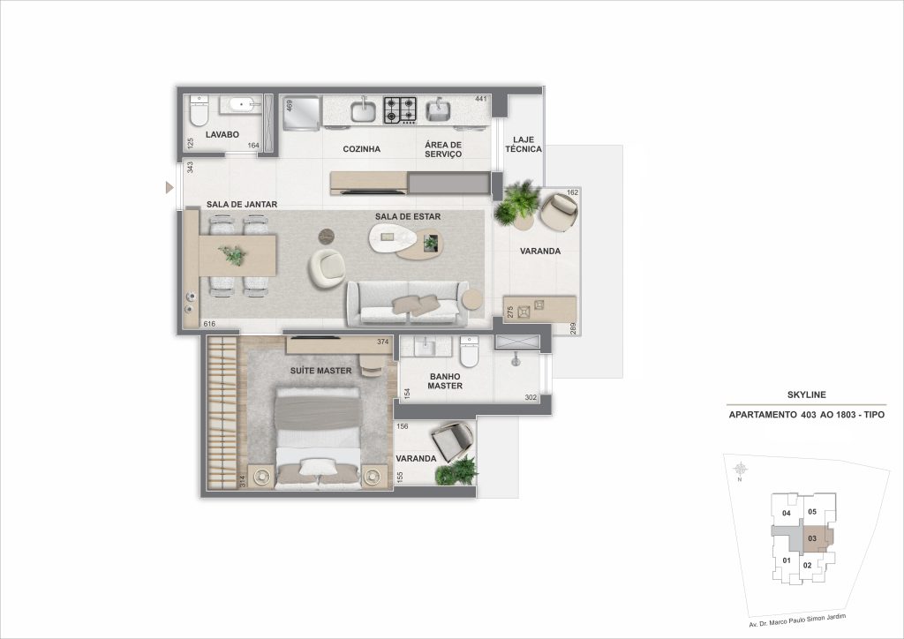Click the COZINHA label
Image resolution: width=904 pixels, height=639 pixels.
[x=362, y=149]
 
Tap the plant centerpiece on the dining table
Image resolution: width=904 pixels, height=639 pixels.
[x=234, y=255]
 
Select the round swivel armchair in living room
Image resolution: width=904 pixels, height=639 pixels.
[x=327, y=268]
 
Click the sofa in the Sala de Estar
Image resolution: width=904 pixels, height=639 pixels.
[x=407, y=304]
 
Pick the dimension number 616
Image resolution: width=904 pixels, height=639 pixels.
[x=210, y=325]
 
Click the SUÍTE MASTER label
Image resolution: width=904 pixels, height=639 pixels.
[x=320, y=371]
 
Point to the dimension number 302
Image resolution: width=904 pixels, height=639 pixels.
[x=531, y=397]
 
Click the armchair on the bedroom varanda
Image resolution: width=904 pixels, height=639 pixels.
[x=452, y=440]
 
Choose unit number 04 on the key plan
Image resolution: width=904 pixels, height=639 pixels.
[x=786, y=513]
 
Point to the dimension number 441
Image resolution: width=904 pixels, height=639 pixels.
[x=481, y=99]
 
